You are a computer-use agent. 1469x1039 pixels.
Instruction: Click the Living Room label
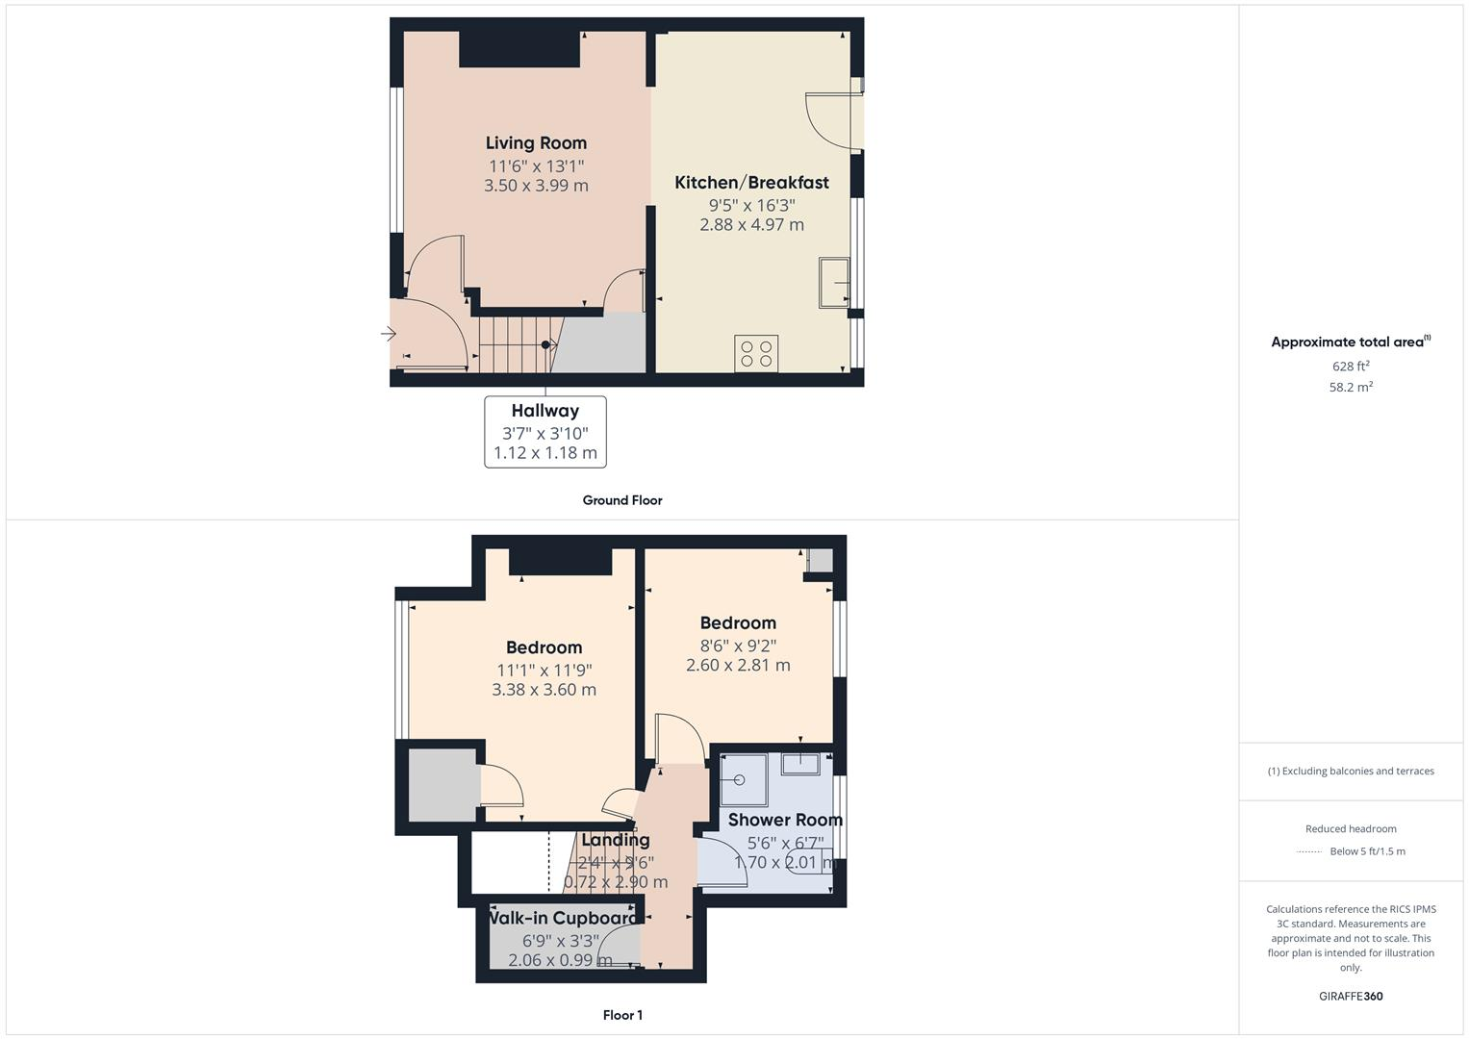point(536,143)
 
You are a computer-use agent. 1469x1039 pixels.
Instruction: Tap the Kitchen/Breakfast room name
point(751,183)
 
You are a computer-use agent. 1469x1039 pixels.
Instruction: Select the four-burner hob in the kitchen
point(756,353)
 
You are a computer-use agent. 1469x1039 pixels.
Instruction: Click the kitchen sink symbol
point(834,282)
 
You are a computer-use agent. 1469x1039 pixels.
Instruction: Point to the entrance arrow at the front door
point(389,334)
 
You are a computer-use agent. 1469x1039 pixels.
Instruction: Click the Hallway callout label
point(545,411)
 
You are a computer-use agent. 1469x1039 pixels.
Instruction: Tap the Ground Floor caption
point(622,500)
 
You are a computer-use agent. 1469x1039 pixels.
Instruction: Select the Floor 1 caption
point(622,1015)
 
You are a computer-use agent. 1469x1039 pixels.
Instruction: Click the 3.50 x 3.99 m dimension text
point(536,186)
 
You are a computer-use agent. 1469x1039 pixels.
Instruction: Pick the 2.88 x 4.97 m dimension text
point(751,225)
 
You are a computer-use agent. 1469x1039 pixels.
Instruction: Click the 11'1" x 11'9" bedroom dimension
point(544,671)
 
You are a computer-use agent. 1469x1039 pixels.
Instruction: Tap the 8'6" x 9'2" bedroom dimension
point(738,646)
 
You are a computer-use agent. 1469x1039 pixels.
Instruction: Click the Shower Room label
point(785,820)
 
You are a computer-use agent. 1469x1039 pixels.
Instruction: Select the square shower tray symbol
point(744,780)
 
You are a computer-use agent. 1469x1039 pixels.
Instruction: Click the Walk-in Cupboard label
point(563,918)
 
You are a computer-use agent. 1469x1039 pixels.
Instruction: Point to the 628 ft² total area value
point(1351,367)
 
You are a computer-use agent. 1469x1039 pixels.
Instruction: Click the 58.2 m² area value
point(1351,387)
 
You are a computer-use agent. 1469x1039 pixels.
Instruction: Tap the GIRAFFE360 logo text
point(1351,997)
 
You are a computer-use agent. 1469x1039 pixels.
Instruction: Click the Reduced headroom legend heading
point(1351,829)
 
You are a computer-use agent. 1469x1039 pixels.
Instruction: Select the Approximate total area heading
point(1349,342)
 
